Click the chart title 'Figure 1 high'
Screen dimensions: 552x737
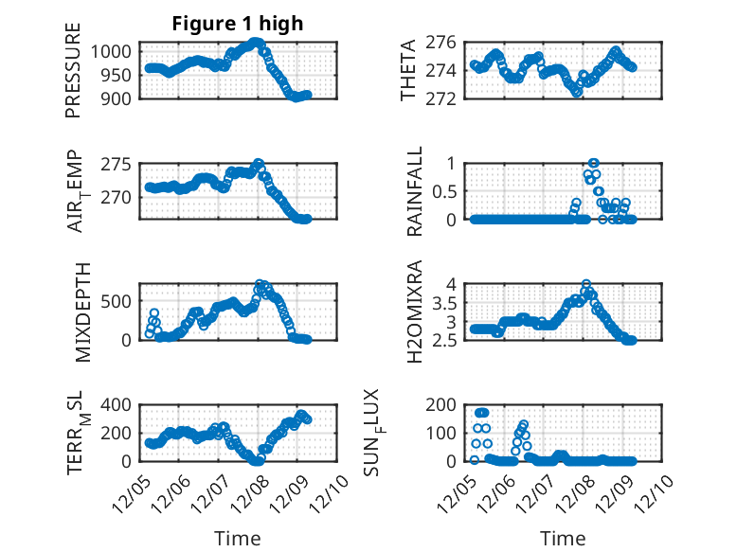click(x=237, y=24)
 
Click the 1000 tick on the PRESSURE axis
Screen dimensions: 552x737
click(x=118, y=50)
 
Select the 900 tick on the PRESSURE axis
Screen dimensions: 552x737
click(x=122, y=98)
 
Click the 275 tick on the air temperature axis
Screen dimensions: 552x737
click(x=122, y=165)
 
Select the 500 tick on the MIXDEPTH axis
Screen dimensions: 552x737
click(x=122, y=301)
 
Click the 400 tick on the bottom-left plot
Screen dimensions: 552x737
click(x=122, y=405)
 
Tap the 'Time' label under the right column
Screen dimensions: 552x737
click(x=563, y=538)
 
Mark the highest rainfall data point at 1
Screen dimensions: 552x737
click(x=594, y=163)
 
